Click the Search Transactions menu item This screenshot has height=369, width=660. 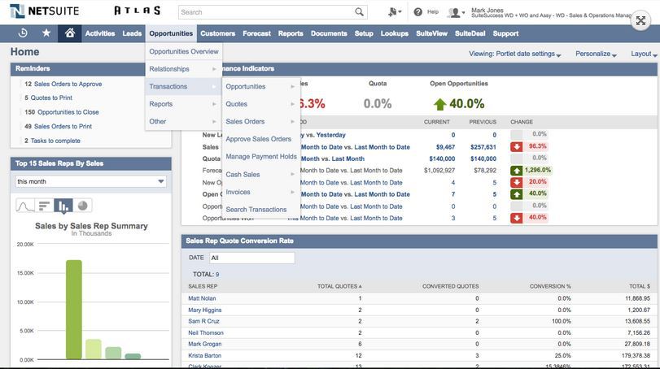pos(256,210)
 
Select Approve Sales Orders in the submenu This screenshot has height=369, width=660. pos(258,139)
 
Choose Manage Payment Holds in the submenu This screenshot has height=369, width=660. pos(260,157)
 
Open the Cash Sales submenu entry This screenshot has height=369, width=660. pos(243,175)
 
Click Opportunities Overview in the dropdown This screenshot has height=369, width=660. pos(184,52)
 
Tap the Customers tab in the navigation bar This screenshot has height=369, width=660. pos(217,33)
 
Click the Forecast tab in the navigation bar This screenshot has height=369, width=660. pos(256,33)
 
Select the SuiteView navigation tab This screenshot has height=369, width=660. pos(431,33)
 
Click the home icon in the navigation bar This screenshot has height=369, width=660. pos(70,33)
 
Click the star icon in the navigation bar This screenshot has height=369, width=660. pos(46,33)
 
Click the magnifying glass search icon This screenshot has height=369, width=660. pos(360,12)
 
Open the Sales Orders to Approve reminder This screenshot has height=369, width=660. pos(68,84)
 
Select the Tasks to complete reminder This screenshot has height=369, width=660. pos(55,141)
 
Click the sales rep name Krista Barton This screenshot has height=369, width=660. pos(204,355)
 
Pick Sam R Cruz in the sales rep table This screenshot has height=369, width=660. pos(203,321)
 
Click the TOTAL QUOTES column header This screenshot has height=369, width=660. pos(339,286)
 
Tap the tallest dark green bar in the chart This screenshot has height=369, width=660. pos(74,310)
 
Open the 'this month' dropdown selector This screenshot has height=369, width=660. pos(90,181)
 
